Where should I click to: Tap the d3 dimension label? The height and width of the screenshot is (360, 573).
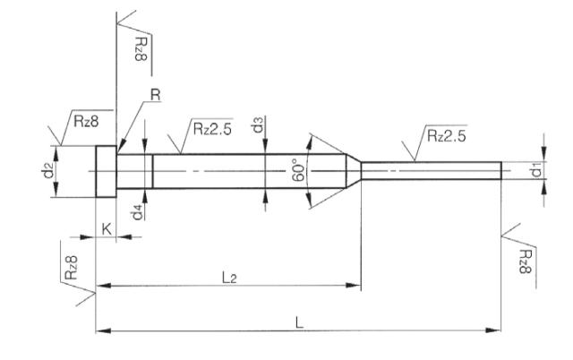[x=258, y=126]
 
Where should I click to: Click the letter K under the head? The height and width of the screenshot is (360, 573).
[x=107, y=229]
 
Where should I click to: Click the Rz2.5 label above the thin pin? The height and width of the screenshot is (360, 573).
[x=444, y=136]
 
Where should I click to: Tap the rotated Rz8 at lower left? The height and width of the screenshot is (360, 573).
[x=75, y=266]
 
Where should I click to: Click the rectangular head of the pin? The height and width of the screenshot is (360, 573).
[x=106, y=169]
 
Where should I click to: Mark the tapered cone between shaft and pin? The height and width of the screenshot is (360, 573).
[x=354, y=169]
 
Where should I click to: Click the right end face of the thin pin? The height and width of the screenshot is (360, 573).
[x=501, y=169]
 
